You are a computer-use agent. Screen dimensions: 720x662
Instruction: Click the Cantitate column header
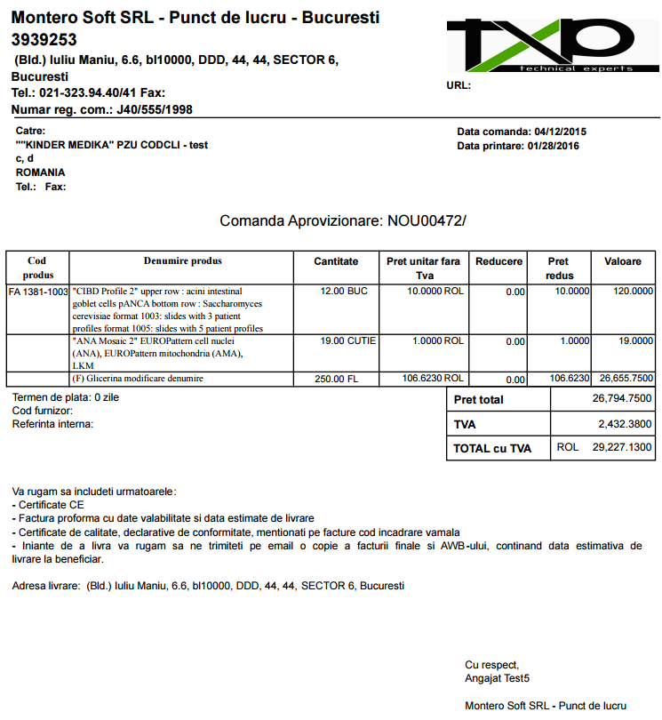[336, 261]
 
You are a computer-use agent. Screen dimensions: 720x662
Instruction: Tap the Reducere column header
[498, 261]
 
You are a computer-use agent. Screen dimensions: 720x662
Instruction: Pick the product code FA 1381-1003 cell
[38, 292]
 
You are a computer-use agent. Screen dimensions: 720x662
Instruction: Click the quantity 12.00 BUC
[344, 291]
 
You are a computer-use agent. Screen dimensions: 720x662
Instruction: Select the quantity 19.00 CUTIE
[347, 340]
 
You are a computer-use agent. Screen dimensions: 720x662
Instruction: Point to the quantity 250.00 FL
[337, 380]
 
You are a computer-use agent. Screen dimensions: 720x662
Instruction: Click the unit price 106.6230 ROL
[433, 379]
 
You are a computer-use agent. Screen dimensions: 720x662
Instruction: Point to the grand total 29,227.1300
[622, 447]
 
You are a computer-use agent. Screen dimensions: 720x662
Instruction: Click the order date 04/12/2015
[559, 132]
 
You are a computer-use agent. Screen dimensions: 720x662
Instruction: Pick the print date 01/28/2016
[553, 146]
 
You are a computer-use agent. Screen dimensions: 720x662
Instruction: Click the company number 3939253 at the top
[44, 40]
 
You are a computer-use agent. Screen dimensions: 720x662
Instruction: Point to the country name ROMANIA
[40, 172]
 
